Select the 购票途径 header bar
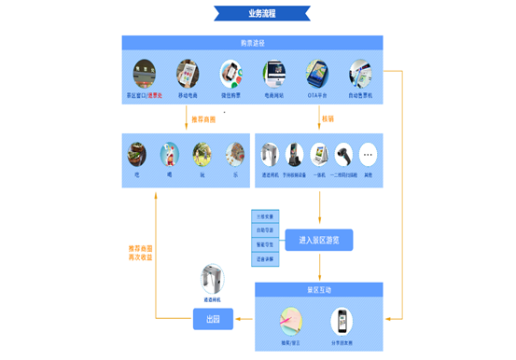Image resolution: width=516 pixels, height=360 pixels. click(252, 43)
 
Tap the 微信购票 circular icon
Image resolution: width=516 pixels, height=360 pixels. click(231, 74)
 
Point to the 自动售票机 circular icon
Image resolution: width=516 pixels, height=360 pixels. click(361, 74)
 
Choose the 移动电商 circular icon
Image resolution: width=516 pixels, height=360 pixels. click(188, 74)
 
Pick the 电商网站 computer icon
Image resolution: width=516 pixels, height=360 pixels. click(274, 74)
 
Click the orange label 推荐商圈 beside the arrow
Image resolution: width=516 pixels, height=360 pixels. click(202, 120)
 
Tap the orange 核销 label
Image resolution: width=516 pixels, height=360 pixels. click(328, 120)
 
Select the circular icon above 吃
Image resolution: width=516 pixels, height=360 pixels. click(137, 153)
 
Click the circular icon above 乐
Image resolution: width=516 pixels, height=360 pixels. click(232, 153)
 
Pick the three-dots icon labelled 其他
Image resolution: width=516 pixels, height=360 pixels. click(368, 154)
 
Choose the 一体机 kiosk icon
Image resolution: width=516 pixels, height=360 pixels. click(320, 154)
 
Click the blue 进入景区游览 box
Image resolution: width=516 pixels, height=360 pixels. click(319, 240)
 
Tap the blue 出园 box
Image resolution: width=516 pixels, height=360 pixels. click(212, 322)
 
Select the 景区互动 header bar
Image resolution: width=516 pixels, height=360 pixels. click(318, 289)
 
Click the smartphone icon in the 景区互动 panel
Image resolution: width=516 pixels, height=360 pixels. click(343, 322)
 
